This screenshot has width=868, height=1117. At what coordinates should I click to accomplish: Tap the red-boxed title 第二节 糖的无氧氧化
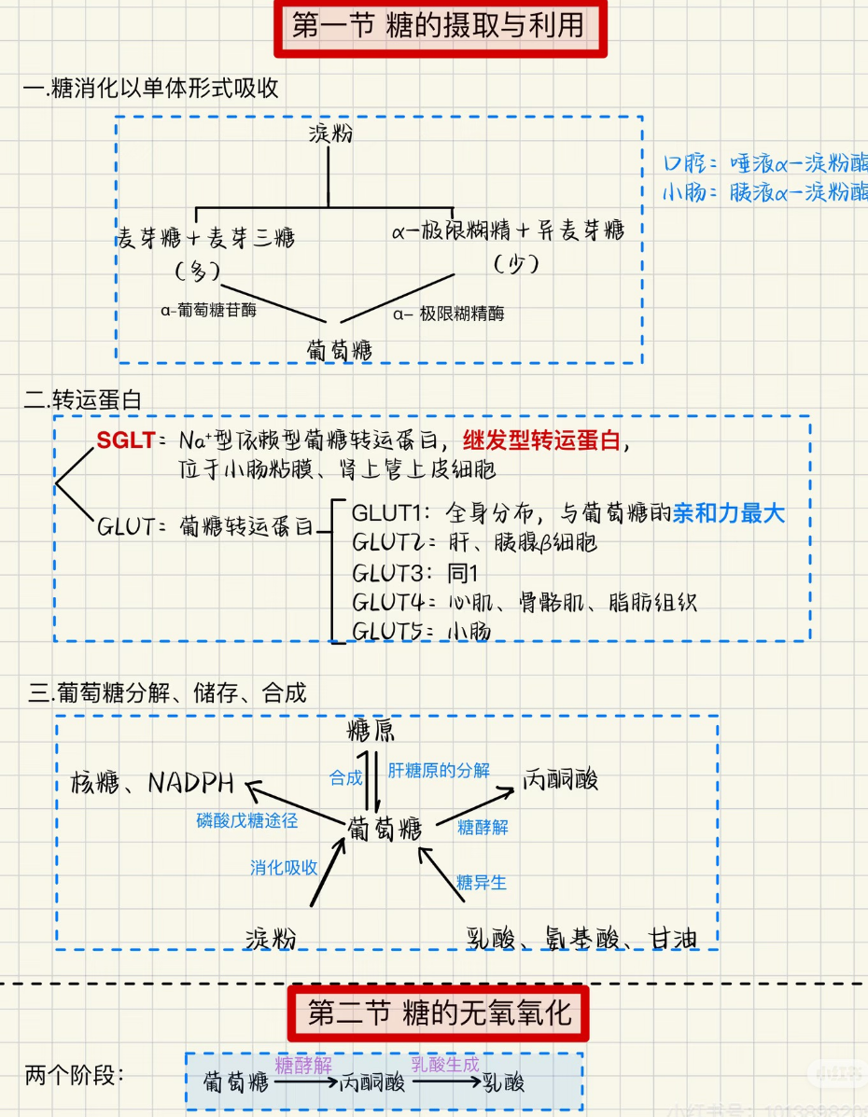pos(439,1012)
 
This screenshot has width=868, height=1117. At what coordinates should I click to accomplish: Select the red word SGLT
pos(125,440)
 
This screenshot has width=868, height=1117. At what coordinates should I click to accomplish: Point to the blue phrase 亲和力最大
pos(729,513)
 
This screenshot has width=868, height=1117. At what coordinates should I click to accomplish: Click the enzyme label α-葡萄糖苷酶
pos(208,311)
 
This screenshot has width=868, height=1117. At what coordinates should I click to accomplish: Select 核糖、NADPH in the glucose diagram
pos(151,782)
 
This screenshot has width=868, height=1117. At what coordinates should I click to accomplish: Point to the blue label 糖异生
pos(481,881)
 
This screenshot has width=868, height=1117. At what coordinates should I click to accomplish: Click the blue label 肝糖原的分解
pos(438,771)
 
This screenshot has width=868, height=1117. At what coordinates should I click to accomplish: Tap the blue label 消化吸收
pos(284,868)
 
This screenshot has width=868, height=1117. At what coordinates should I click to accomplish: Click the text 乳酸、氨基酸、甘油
pos(581,939)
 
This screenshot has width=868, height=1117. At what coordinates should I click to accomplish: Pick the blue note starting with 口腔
pos(764,162)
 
